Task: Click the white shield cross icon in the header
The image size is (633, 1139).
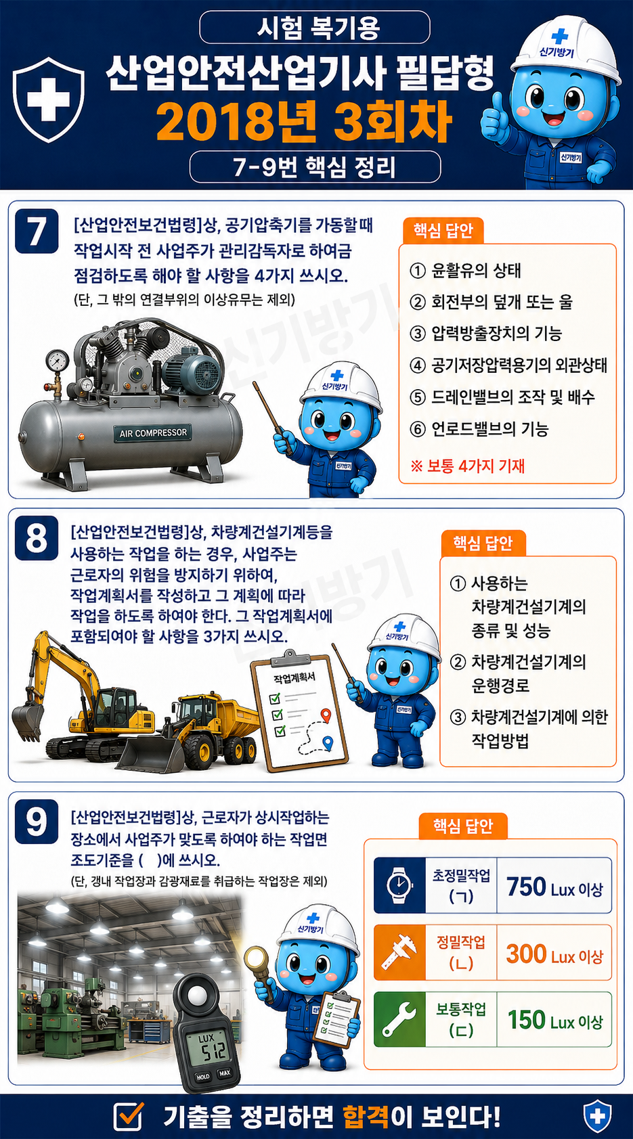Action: (x=48, y=99)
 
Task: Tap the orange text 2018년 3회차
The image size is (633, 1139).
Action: (x=304, y=122)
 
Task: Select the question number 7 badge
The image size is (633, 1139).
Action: (x=37, y=231)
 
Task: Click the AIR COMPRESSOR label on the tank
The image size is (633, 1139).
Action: (x=152, y=433)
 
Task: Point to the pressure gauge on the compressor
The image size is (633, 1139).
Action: (x=58, y=361)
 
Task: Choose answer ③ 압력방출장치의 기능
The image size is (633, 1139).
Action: (x=486, y=334)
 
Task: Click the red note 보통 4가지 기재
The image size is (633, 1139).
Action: (x=468, y=466)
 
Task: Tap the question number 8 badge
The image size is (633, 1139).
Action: (x=37, y=538)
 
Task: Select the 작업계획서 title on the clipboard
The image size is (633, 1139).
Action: (x=294, y=677)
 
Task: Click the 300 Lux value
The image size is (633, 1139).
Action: (x=554, y=954)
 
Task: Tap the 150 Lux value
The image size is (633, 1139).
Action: (x=555, y=1021)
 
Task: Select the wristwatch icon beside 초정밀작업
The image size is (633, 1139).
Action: (x=399, y=885)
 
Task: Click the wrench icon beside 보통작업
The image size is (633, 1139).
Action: (x=399, y=1019)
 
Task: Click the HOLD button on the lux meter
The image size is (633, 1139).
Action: (x=202, y=1076)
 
